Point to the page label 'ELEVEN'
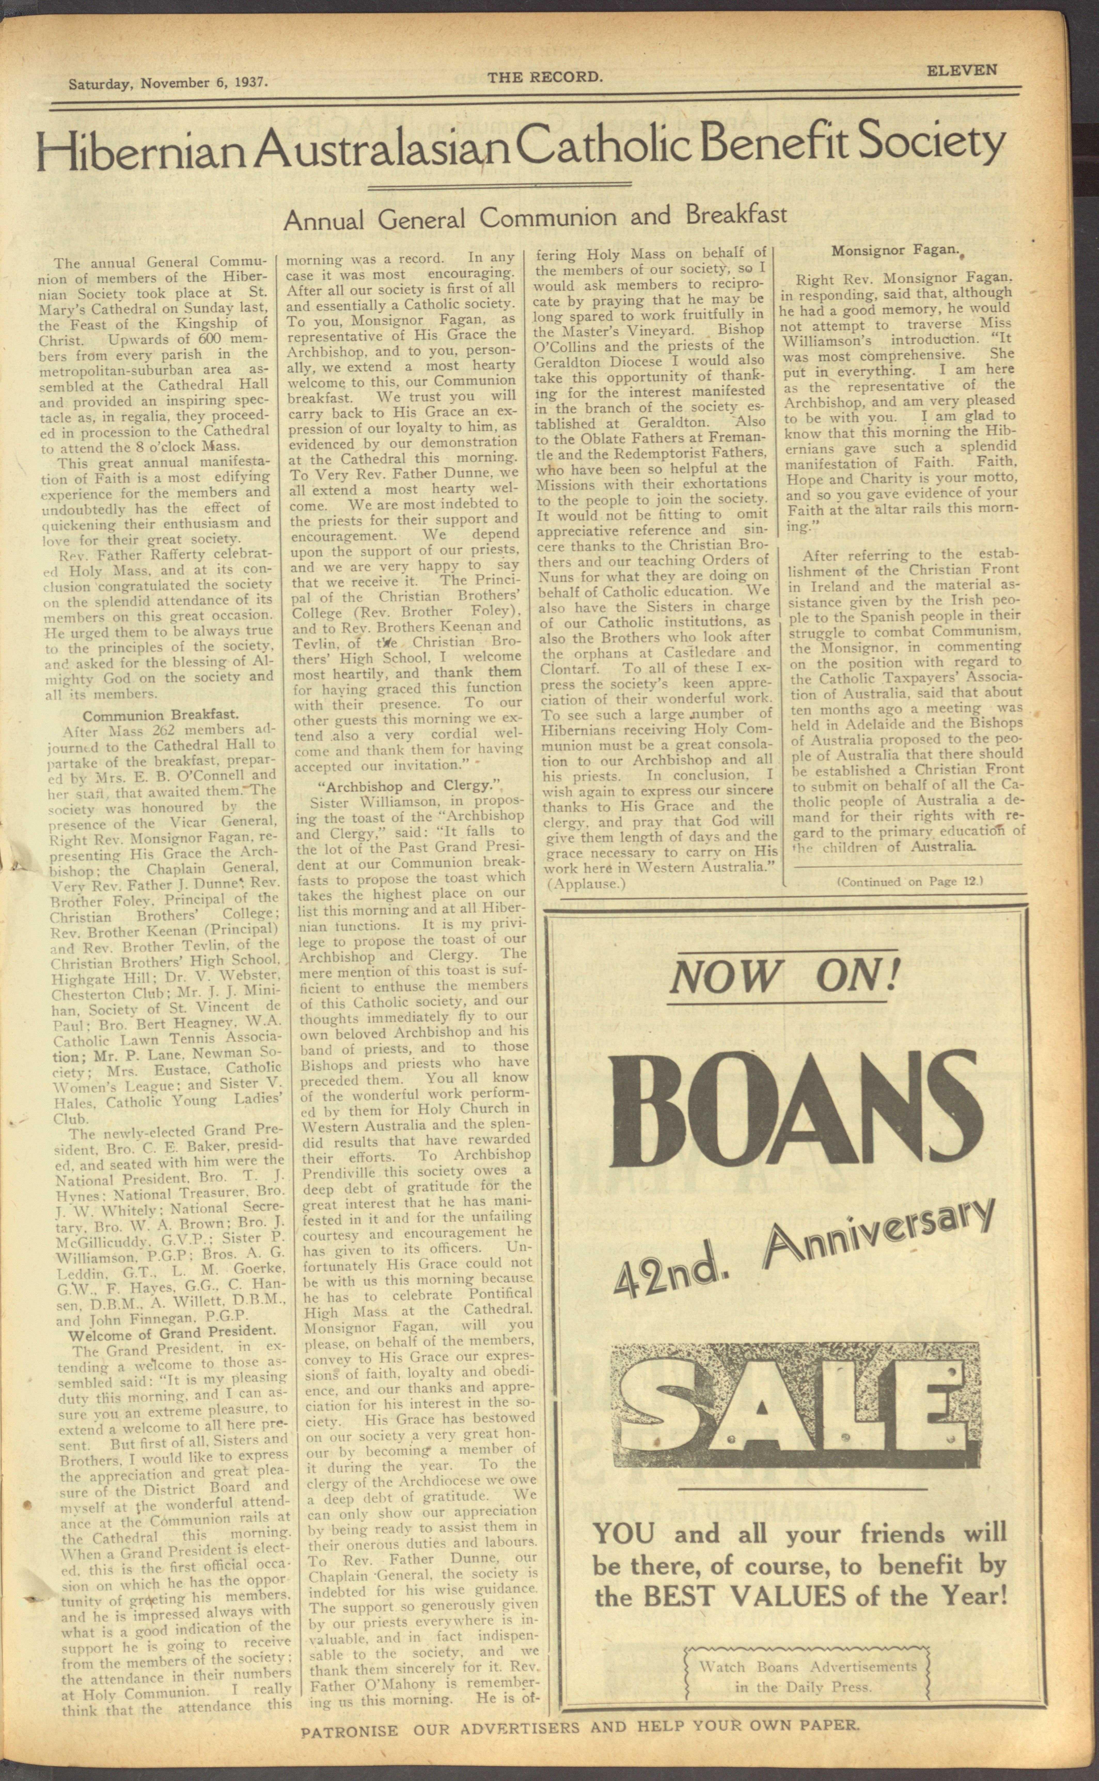point(961,71)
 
